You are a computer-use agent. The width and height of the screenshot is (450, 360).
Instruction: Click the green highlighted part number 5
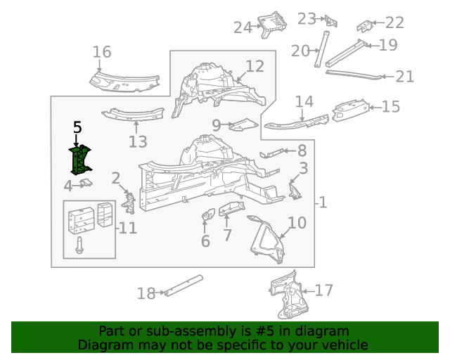80,160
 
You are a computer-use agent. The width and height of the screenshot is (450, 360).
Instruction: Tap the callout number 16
102,52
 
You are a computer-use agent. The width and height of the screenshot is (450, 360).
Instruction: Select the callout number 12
255,67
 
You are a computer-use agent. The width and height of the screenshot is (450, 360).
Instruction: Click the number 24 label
243,27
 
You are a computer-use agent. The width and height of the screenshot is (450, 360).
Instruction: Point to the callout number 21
405,77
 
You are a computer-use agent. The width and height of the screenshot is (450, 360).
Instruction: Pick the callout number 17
324,290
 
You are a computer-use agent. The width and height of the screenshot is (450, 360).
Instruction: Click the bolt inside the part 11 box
79,246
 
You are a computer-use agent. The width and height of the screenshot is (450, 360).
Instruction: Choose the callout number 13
138,142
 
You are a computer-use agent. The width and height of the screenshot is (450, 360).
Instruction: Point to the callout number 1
323,203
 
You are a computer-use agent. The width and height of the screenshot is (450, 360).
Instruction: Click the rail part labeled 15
352,109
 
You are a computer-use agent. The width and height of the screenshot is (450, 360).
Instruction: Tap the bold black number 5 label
77,127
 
